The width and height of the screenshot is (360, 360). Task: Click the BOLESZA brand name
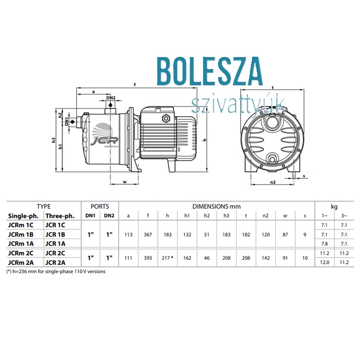(x=210, y=71)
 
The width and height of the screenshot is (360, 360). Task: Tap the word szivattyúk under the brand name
(x=238, y=105)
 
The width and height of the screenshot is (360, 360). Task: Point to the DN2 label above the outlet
(x=111, y=98)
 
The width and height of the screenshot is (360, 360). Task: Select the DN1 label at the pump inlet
(x=66, y=121)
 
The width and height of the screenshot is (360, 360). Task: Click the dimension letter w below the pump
(x=124, y=182)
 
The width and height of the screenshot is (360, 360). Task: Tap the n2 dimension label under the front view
(x=273, y=182)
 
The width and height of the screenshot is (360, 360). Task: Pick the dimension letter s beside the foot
(x=304, y=176)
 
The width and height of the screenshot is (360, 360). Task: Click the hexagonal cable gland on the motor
(x=165, y=118)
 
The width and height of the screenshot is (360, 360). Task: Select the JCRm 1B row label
(x=21, y=235)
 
